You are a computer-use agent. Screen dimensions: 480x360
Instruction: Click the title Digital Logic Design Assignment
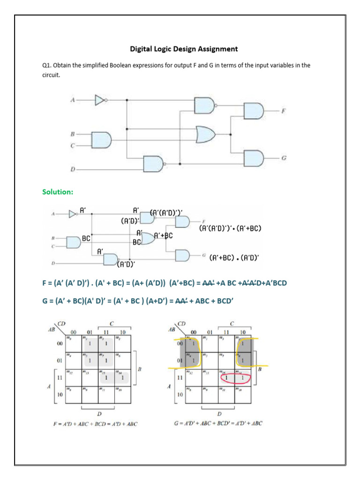pos(184,49)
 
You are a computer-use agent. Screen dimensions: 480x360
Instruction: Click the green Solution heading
pos(58,192)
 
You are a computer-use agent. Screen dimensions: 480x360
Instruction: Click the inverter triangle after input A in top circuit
pos(99,100)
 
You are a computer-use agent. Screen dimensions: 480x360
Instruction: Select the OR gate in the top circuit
pos(205,135)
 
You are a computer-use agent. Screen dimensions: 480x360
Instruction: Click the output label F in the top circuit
pos(283,111)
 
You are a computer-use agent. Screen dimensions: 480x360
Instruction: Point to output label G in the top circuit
pos(284,158)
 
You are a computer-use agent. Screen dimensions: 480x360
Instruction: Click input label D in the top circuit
pos(73,169)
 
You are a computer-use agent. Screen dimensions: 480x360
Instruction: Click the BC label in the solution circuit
pos(86,238)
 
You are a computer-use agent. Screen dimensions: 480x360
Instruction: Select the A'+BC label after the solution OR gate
pos(164,236)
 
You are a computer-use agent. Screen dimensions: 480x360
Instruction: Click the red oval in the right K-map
pos(234,377)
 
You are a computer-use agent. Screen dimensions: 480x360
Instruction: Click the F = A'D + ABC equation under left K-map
pos(96,424)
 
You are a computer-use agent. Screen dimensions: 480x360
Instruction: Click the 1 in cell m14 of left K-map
pos(121,377)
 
